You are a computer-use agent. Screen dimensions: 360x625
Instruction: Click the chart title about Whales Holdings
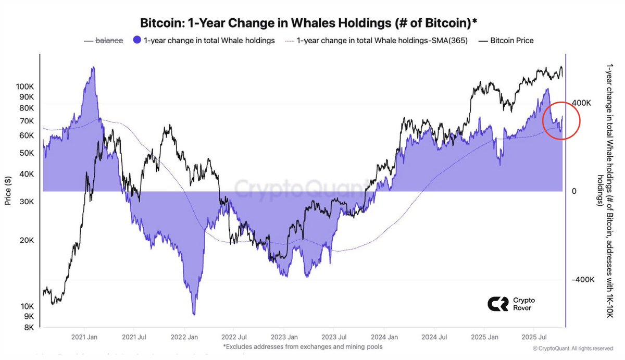coord(309,23)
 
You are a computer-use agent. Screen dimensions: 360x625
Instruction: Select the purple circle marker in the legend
coord(137,41)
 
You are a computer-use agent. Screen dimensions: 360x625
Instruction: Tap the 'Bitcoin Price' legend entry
coord(511,41)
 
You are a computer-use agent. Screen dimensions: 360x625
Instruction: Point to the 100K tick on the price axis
coord(25,86)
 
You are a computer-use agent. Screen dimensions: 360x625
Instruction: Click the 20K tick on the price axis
coord(27,240)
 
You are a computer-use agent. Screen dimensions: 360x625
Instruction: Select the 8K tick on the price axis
coord(29,327)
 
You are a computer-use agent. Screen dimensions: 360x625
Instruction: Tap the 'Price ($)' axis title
coord(8,190)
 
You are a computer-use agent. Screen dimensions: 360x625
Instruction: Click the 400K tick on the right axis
coord(582,103)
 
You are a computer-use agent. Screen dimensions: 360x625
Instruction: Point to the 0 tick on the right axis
coord(574,191)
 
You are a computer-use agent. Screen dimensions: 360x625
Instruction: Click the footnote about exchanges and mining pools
coord(303,346)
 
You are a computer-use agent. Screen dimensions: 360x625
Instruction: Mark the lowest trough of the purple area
coord(194,314)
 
